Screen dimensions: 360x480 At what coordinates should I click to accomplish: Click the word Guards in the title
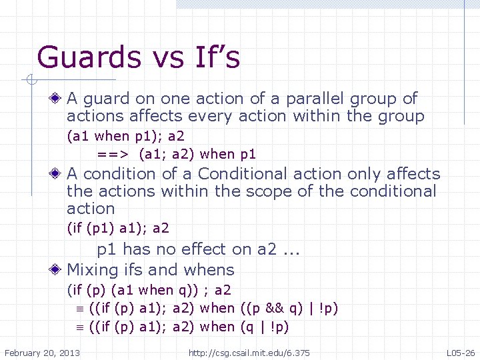pos(79,57)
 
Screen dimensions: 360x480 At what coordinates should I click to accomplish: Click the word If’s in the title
pos(214,57)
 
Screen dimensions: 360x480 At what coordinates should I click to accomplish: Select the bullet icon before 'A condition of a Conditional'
pos(58,174)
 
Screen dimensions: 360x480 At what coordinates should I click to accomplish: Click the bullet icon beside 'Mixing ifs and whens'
pos(58,270)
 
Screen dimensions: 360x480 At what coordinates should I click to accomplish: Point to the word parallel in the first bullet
pos(313,99)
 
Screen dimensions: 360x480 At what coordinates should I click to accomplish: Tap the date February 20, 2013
pos(42,351)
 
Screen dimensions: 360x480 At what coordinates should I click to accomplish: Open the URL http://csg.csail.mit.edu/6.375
pos(249,351)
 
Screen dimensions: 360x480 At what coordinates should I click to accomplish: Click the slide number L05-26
pos(461,351)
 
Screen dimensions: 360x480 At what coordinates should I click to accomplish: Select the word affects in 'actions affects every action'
pos(149,116)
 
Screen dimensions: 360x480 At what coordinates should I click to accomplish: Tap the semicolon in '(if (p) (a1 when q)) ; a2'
pos(207,290)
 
